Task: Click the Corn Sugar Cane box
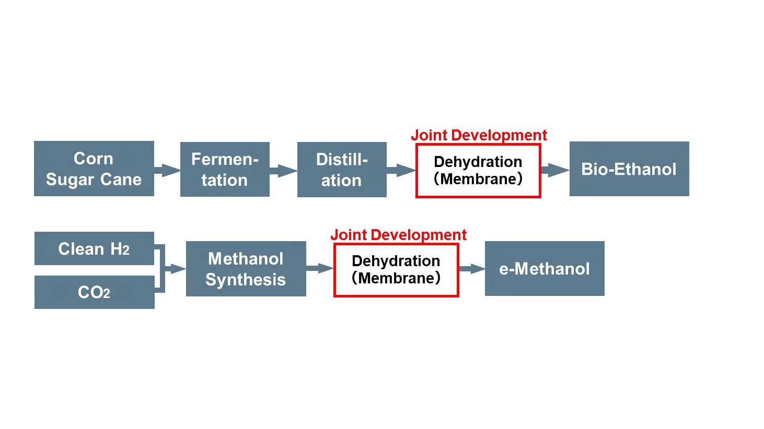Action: point(94,169)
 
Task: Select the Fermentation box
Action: point(225,169)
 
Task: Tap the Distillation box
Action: point(342,170)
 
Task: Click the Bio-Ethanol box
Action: point(629,169)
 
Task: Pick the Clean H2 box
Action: point(94,248)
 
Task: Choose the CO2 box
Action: point(94,292)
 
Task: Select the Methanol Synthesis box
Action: point(246,269)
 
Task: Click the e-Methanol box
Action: point(545,268)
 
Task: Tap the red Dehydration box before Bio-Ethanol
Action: point(478,171)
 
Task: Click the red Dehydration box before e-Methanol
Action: point(396,270)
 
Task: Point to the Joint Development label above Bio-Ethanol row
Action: point(479,135)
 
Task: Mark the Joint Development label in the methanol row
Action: point(398,235)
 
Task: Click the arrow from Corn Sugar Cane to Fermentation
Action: point(168,170)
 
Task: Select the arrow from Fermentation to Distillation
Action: point(284,170)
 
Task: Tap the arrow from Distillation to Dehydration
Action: point(401,170)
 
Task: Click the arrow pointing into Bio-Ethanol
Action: point(555,170)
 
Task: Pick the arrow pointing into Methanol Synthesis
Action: point(175,269)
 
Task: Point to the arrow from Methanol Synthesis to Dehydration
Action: point(320,268)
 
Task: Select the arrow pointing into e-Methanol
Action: point(472,269)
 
